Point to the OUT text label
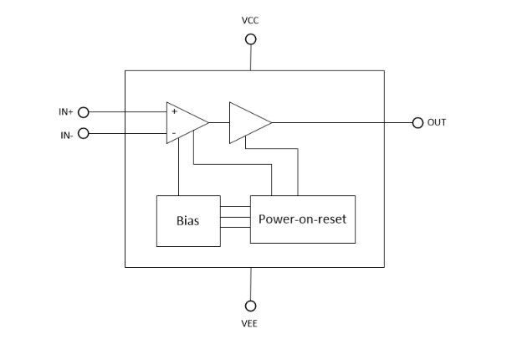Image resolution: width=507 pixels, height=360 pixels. [x=437, y=122]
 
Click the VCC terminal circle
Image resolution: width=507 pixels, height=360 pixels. [x=250, y=39]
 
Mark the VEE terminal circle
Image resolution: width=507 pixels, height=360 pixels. [x=250, y=306]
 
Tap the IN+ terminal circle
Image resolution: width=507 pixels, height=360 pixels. [x=83, y=111]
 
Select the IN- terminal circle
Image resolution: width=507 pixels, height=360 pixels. [x=83, y=133]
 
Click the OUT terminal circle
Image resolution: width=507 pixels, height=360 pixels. [x=417, y=122]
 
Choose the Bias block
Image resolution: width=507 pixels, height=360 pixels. [x=187, y=220]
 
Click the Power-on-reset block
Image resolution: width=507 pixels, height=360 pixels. [x=302, y=219]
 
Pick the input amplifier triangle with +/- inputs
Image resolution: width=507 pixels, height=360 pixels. [x=184, y=122]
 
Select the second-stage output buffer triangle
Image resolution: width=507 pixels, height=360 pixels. [x=248, y=122]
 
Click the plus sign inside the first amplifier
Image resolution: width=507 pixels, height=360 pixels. [x=174, y=111]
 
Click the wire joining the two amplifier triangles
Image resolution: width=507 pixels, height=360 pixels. [x=219, y=122]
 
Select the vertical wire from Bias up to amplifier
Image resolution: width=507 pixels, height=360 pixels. [x=177, y=169]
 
